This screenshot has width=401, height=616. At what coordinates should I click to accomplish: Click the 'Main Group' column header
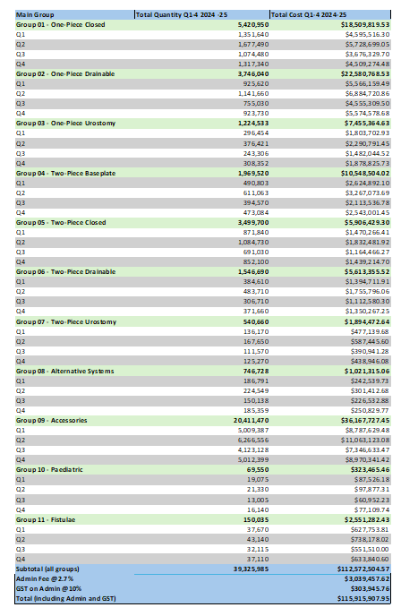click(26, 13)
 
